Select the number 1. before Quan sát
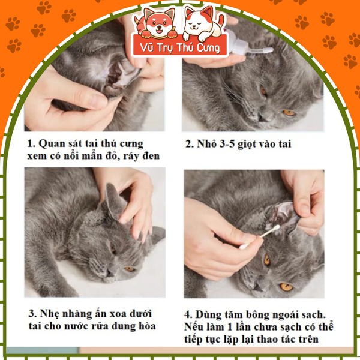click(31, 144)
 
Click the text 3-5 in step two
click(227, 144)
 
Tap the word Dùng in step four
click(206, 315)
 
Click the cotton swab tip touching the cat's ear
click(277, 227)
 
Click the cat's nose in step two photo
click(261, 118)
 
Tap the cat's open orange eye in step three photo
click(130, 269)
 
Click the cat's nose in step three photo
click(110, 273)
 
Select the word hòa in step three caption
click(147, 326)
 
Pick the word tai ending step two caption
click(284, 144)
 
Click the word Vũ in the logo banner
click(146, 48)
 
